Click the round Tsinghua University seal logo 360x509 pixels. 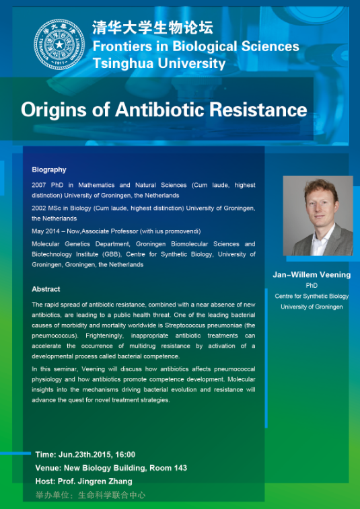[59, 44]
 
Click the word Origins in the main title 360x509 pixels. [54, 110]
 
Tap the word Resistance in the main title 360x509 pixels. [258, 110]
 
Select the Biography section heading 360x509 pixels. [49, 169]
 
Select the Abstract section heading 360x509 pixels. [46, 289]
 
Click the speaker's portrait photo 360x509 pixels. [318, 216]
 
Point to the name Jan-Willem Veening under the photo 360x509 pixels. [312, 274]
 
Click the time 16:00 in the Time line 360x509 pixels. [125, 455]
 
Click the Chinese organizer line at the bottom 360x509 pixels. [90, 495]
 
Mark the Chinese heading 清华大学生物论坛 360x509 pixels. [153, 28]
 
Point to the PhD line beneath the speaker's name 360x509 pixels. [312, 286]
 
